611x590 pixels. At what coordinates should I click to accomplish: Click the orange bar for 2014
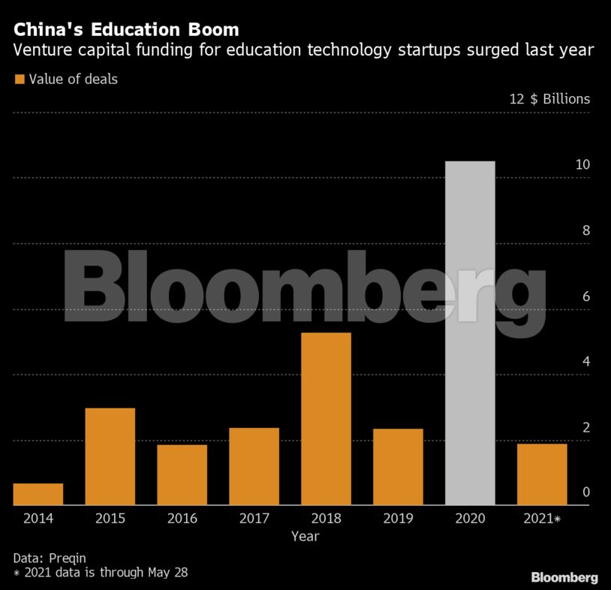(x=38, y=494)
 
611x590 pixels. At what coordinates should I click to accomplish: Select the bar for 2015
(x=110, y=456)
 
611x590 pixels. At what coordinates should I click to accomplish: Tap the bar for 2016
(x=182, y=474)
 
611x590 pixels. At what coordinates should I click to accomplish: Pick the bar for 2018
(x=326, y=419)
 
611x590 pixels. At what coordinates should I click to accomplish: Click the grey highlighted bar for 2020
(x=470, y=333)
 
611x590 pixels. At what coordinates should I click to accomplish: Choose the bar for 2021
(x=542, y=474)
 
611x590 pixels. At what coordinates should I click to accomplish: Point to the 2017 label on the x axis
(x=254, y=518)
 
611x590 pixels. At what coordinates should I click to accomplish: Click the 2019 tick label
(x=398, y=518)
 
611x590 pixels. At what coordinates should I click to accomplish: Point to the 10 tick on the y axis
(x=582, y=165)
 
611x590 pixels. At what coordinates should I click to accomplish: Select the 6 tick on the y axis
(x=585, y=297)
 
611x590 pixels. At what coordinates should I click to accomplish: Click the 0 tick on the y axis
(x=585, y=492)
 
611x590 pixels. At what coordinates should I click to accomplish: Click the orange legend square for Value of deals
(x=20, y=79)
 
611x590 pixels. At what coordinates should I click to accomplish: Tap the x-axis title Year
(x=305, y=536)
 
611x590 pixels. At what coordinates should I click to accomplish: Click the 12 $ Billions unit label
(x=549, y=99)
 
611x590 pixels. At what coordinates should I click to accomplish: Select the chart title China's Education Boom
(x=126, y=31)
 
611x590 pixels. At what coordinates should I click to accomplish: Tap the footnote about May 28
(x=100, y=573)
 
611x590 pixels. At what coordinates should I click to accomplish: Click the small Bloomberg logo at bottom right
(x=564, y=577)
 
